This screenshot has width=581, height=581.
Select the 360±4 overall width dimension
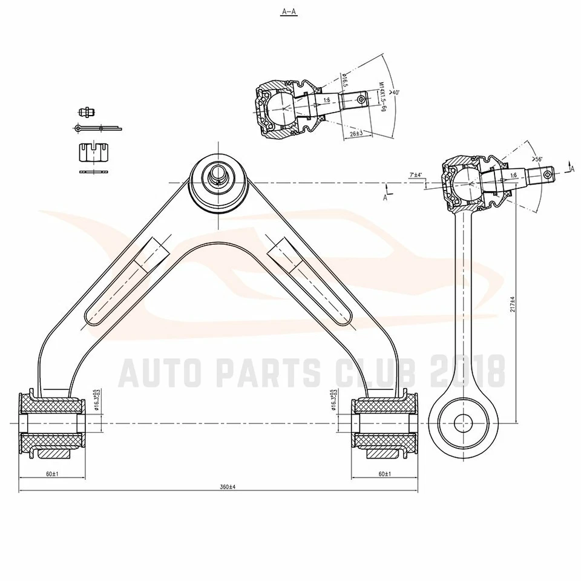pos(227,487)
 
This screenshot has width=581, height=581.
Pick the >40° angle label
pos(395,92)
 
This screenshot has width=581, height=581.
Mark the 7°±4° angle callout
pos(416,175)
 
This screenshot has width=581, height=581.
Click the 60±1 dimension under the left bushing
pos(51,474)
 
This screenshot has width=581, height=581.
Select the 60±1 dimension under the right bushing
pos(384,474)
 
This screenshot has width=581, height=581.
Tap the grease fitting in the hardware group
pos(87,112)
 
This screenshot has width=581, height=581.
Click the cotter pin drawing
pos(97,128)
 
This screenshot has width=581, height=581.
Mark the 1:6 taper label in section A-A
pos(327,100)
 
